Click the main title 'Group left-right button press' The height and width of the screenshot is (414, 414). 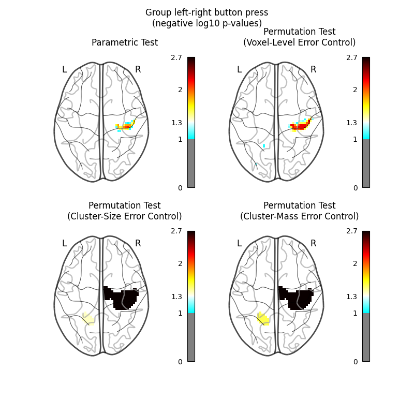206,12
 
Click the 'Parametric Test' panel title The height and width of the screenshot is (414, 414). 125,42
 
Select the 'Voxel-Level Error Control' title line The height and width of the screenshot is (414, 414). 300,42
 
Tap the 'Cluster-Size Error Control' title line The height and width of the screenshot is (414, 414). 125,216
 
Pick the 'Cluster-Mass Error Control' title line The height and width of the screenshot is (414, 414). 300,216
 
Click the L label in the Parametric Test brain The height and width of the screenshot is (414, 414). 64,69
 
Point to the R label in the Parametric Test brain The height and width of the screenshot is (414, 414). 138,69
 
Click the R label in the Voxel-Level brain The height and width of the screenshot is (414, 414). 313,69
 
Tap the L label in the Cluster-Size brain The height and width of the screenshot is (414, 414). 64,243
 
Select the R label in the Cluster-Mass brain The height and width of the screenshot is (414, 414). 313,243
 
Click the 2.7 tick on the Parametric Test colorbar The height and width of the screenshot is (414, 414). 176,57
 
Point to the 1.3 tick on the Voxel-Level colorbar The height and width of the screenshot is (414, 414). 351,123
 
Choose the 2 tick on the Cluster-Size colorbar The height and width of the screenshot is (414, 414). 180,263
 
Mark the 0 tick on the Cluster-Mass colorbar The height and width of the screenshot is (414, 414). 356,362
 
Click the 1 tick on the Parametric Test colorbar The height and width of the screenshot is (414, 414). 180,139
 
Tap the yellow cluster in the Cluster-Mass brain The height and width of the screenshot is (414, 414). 263,319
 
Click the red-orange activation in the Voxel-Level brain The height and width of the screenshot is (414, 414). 300,125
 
